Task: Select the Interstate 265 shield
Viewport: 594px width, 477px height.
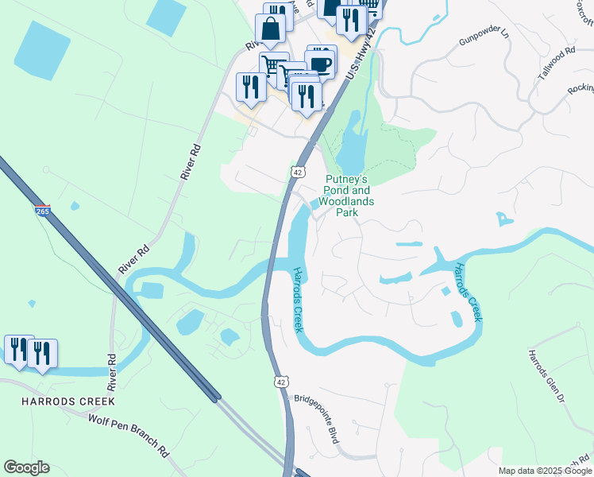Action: click(x=43, y=211)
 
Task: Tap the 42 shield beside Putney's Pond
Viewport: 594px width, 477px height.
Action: click(x=297, y=172)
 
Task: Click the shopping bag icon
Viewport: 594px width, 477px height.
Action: click(x=271, y=29)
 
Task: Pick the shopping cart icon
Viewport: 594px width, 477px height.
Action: click(x=273, y=66)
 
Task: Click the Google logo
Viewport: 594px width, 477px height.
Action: click(x=26, y=467)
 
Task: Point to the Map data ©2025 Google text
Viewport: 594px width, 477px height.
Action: click(x=546, y=471)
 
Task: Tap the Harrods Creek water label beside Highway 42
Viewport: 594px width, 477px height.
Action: click(x=296, y=301)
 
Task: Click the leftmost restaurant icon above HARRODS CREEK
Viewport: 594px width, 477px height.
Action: click(x=17, y=350)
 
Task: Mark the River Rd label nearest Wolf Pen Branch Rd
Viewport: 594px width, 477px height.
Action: click(x=112, y=374)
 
